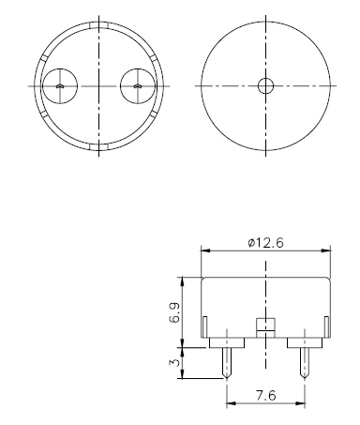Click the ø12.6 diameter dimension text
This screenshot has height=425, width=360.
pyautogui.click(x=267, y=242)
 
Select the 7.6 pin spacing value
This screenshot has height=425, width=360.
pyautogui.click(x=265, y=395)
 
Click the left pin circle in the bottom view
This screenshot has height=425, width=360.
pyautogui.click(x=59, y=86)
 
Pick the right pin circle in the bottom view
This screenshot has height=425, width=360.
pyautogui.click(x=137, y=86)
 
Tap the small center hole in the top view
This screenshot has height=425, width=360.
pyautogui.click(x=265, y=86)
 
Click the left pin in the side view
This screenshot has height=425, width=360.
pyautogui.click(x=227, y=360)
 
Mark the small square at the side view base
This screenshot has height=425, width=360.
pyautogui.click(x=265, y=326)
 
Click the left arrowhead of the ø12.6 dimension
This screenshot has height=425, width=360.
pyautogui.click(x=206, y=250)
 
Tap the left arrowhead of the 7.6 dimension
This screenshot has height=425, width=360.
pyautogui.click(x=231, y=404)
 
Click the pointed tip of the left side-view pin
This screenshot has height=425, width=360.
pyautogui.click(x=228, y=378)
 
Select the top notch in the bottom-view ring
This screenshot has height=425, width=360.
pyautogui.click(x=98, y=24)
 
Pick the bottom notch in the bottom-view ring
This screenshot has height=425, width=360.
pyautogui.click(x=98, y=147)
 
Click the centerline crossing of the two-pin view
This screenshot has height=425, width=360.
pyautogui.click(x=98, y=86)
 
